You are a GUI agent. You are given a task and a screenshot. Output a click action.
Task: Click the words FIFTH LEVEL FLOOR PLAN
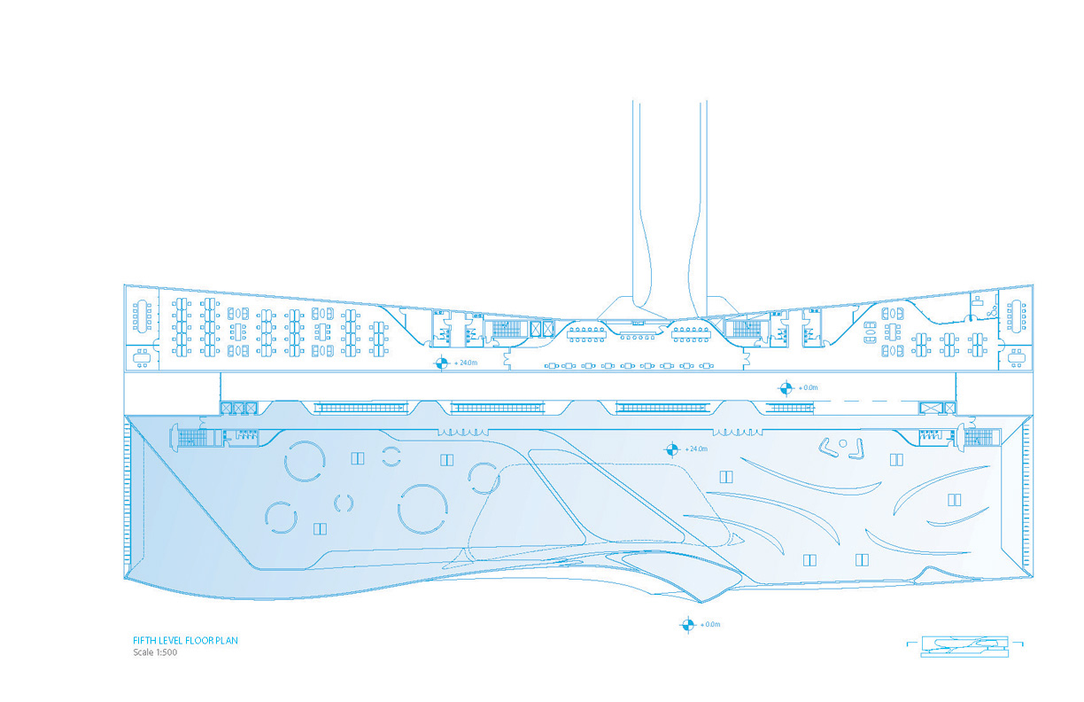(x=185, y=641)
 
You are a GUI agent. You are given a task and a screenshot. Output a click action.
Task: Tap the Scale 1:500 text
(x=155, y=652)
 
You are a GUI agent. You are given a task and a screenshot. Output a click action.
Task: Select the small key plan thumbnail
(x=964, y=647)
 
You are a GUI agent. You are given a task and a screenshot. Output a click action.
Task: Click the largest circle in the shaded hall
(x=422, y=509)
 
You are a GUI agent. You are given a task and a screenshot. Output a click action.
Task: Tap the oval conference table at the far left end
(x=142, y=316)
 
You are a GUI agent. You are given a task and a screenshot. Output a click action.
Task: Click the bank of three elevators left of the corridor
(x=238, y=408)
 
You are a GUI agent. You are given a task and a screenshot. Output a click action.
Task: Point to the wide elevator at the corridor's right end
(x=932, y=408)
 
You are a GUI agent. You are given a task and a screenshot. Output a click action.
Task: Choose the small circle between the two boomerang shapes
(x=843, y=443)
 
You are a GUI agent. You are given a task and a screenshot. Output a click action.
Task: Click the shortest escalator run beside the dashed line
(x=790, y=408)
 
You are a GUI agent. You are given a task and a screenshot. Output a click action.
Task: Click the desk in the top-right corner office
(x=977, y=302)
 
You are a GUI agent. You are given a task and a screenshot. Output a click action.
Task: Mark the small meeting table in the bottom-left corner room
(x=143, y=358)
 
